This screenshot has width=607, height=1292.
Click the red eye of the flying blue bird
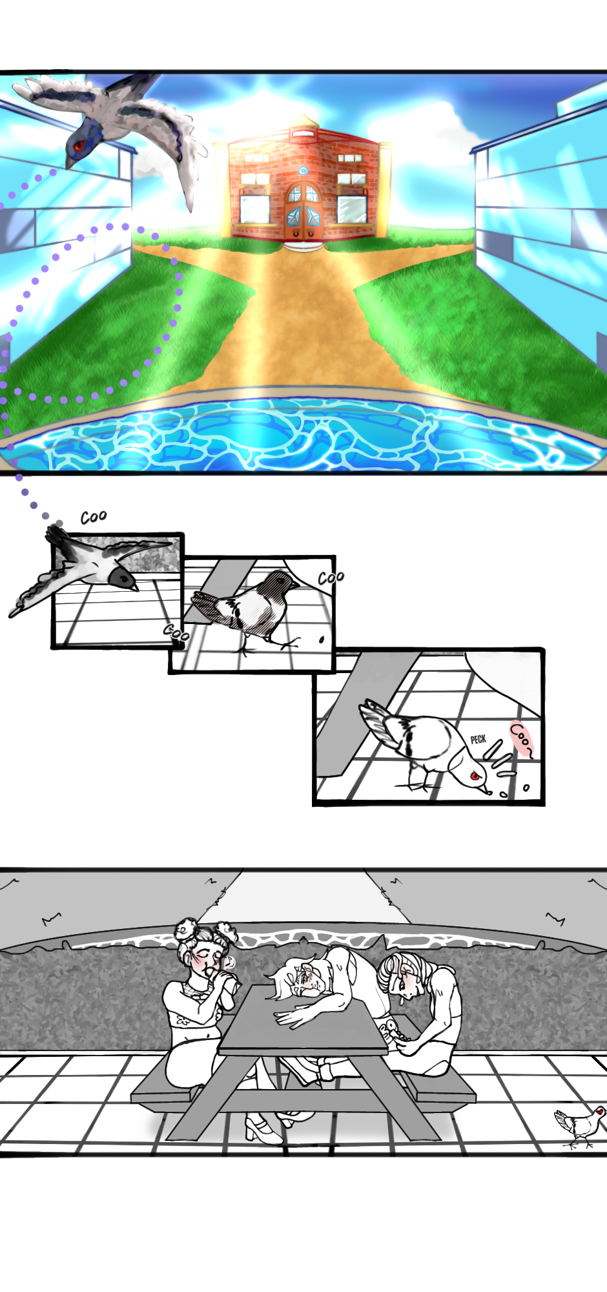[78, 145]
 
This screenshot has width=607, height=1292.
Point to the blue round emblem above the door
[303, 171]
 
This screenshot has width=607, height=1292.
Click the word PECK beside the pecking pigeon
[478, 739]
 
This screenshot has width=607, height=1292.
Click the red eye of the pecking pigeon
[475, 775]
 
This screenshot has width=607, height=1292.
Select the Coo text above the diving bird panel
[94, 517]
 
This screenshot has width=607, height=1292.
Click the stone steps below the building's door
[302, 245]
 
